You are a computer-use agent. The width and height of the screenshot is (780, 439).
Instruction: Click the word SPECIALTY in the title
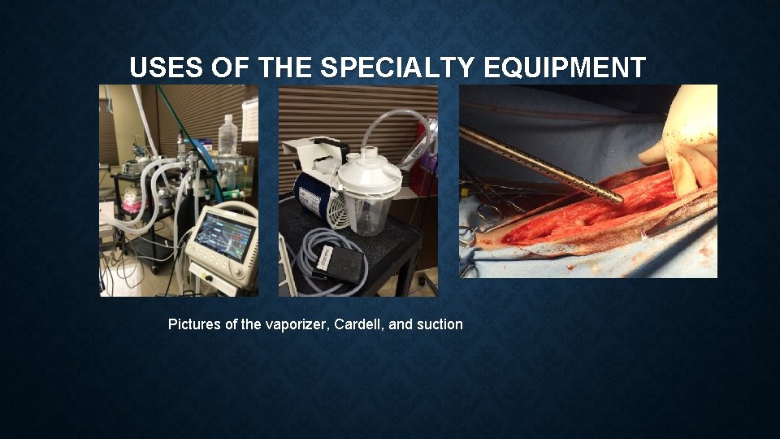coord(394,67)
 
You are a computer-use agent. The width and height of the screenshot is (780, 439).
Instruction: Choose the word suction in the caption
coord(438,324)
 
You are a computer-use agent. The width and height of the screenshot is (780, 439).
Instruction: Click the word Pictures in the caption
coord(193,324)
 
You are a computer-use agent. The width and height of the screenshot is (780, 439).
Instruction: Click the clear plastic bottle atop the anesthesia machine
coord(228,134)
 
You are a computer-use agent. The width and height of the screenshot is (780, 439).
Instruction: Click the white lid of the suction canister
coord(370,172)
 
